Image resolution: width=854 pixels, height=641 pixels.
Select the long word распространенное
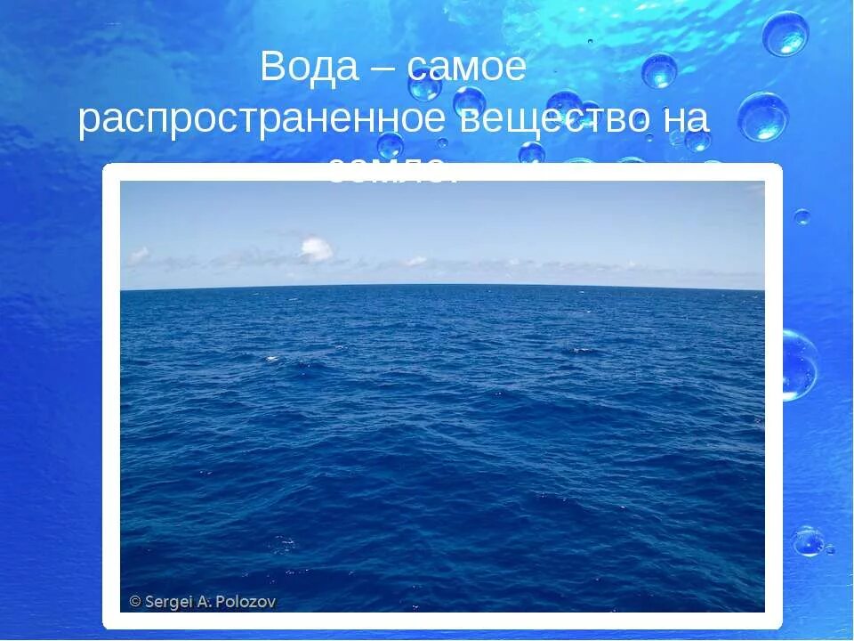coord(263,121)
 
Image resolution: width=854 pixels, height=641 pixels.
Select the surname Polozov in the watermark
coord(249,602)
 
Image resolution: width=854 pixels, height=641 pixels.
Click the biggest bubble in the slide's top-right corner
coord(785,34)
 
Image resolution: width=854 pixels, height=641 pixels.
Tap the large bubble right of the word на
coord(762,117)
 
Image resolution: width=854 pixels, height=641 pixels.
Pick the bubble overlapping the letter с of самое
coord(424,85)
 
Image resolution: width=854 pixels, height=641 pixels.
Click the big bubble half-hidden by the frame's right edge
coord(798,365)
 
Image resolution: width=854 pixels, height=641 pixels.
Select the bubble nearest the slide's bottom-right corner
coord(809,540)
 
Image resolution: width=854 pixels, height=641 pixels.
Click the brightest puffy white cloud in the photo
coord(316,249)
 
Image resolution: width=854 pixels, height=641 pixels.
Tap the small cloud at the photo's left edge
coord(139,256)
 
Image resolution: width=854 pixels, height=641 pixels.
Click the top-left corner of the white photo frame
coord(104,166)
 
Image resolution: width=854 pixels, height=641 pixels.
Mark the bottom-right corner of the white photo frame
coord(780,627)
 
